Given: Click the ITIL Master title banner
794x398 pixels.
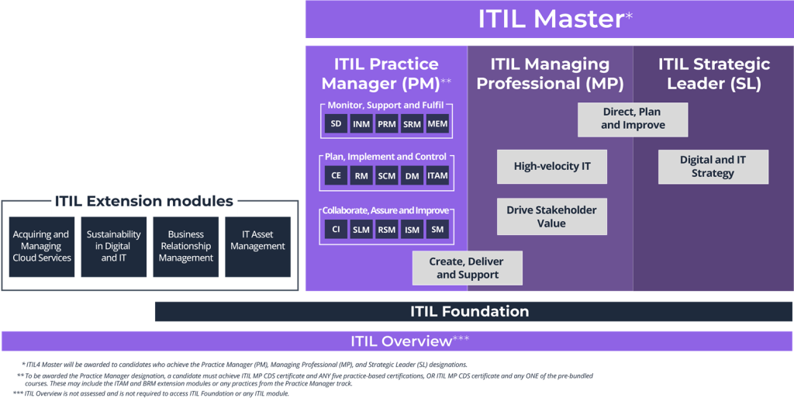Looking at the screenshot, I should point(549,19).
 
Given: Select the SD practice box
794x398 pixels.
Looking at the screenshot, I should point(336,124).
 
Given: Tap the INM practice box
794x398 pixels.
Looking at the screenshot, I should point(361,124).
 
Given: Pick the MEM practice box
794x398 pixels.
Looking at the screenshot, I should point(437,124).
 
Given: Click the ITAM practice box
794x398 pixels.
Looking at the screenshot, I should point(437,176).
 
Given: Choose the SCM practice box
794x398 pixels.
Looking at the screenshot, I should point(386,176).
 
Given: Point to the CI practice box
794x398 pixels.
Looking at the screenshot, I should point(336,230).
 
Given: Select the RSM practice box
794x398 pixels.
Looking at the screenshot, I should point(386,230).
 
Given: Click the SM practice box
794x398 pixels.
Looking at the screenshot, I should point(437,230).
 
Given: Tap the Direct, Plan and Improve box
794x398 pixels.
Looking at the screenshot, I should point(633,119).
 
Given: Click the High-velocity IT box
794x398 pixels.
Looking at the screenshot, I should point(551,167).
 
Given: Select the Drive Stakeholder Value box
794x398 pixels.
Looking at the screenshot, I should point(551,217).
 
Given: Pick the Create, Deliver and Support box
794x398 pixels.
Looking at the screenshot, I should point(468,268).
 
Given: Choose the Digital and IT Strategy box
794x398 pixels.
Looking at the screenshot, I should point(713,167).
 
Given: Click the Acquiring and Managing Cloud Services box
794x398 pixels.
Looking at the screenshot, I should point(42,247).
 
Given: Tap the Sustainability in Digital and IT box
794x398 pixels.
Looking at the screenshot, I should point(114,247).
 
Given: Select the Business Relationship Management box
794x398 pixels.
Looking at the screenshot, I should point(186,247).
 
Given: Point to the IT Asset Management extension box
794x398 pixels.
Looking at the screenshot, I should point(257,247).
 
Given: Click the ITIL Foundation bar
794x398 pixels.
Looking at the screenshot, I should point(469,312).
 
